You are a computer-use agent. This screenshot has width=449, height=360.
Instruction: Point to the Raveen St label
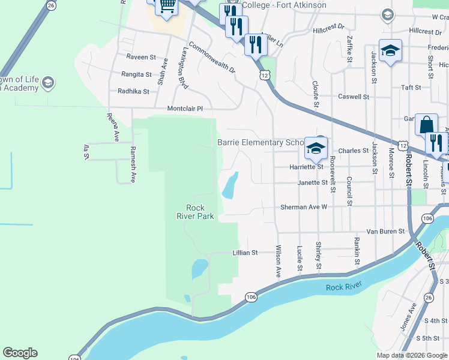pyautogui.click(x=141, y=58)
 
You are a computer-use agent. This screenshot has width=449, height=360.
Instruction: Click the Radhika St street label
pyautogui.click(x=133, y=92)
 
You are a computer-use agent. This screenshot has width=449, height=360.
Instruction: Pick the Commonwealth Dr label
pyautogui.click(x=212, y=57)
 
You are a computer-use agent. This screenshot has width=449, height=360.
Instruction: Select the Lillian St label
pyautogui.click(x=245, y=253)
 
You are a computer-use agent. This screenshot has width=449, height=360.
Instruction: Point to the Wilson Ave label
pyautogui.click(x=279, y=260)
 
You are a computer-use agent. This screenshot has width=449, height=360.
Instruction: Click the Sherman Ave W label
pyautogui.click(x=304, y=207)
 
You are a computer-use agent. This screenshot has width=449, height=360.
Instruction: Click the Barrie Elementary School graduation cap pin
pyautogui.click(x=316, y=148)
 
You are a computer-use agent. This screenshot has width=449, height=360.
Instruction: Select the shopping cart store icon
pyautogui.click(x=167, y=6)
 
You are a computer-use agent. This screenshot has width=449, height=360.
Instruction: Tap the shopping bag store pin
pyautogui.click(x=426, y=125)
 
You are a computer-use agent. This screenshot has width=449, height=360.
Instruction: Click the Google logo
pyautogui.click(x=20, y=353)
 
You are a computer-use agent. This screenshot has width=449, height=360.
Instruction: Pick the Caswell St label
pyautogui.click(x=354, y=97)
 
